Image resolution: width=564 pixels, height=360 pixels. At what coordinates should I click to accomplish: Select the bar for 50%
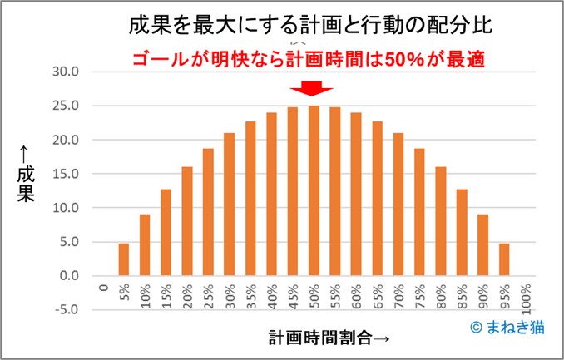[314, 191]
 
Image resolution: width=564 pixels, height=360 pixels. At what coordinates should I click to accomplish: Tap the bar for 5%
[124, 259]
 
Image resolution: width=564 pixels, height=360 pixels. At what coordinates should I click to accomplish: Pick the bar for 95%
[503, 259]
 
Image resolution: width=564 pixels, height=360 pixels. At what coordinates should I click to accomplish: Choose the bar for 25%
[208, 212]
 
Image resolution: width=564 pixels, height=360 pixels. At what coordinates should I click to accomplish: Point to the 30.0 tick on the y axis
[65, 72]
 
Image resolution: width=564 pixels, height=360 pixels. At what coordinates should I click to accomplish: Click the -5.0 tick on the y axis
[65, 310]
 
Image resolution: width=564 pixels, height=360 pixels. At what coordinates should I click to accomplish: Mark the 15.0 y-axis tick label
[65, 174]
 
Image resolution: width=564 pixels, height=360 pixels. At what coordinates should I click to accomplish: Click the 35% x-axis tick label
[250, 295]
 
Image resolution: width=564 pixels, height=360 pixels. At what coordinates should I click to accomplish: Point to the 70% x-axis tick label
[398, 295]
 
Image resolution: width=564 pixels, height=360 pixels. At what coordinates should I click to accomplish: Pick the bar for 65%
[377, 199]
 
